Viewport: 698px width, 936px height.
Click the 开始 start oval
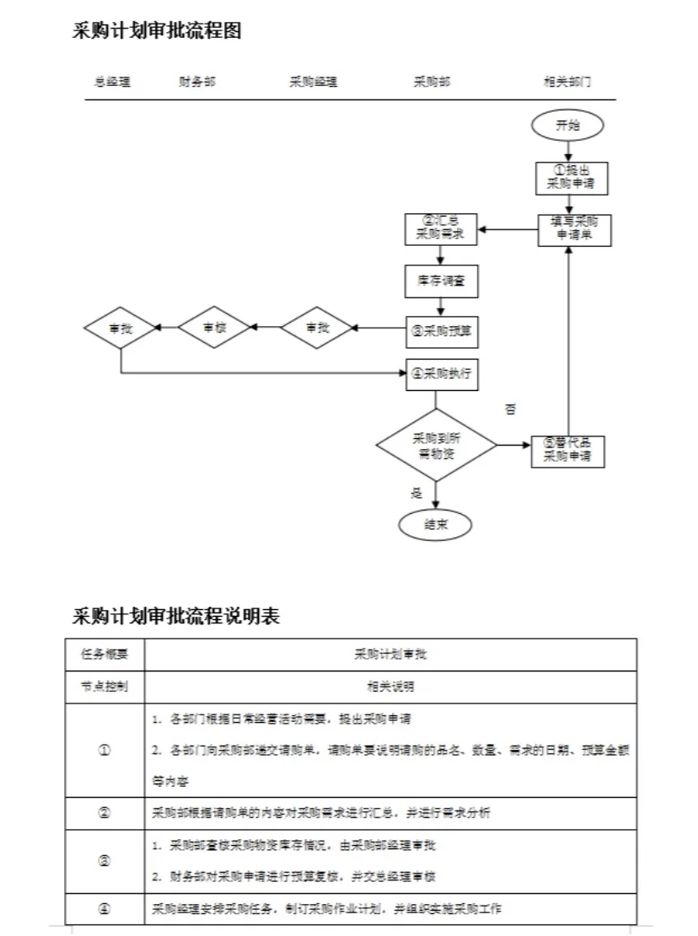point(567,126)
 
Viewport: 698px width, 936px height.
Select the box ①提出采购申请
point(572,177)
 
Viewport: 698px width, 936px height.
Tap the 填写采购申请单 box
point(575,230)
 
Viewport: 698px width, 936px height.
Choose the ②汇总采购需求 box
point(442,229)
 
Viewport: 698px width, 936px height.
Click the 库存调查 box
point(442,282)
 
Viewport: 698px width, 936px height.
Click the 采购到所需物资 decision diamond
point(436,445)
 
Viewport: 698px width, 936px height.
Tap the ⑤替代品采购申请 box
point(567,451)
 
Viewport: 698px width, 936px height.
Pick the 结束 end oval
point(435,524)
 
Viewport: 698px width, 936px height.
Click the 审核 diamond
point(215,327)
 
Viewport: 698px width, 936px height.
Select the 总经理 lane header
point(112,83)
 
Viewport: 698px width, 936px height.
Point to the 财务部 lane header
point(197,83)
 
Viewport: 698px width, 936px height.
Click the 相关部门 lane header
point(567,83)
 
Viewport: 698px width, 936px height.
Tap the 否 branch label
point(510,410)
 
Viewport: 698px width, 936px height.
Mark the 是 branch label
point(416,493)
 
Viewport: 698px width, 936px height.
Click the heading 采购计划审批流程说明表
point(176,617)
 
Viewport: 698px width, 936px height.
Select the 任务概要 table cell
point(105,655)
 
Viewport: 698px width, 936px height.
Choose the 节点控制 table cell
point(105,687)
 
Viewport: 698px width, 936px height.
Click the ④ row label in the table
point(105,909)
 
